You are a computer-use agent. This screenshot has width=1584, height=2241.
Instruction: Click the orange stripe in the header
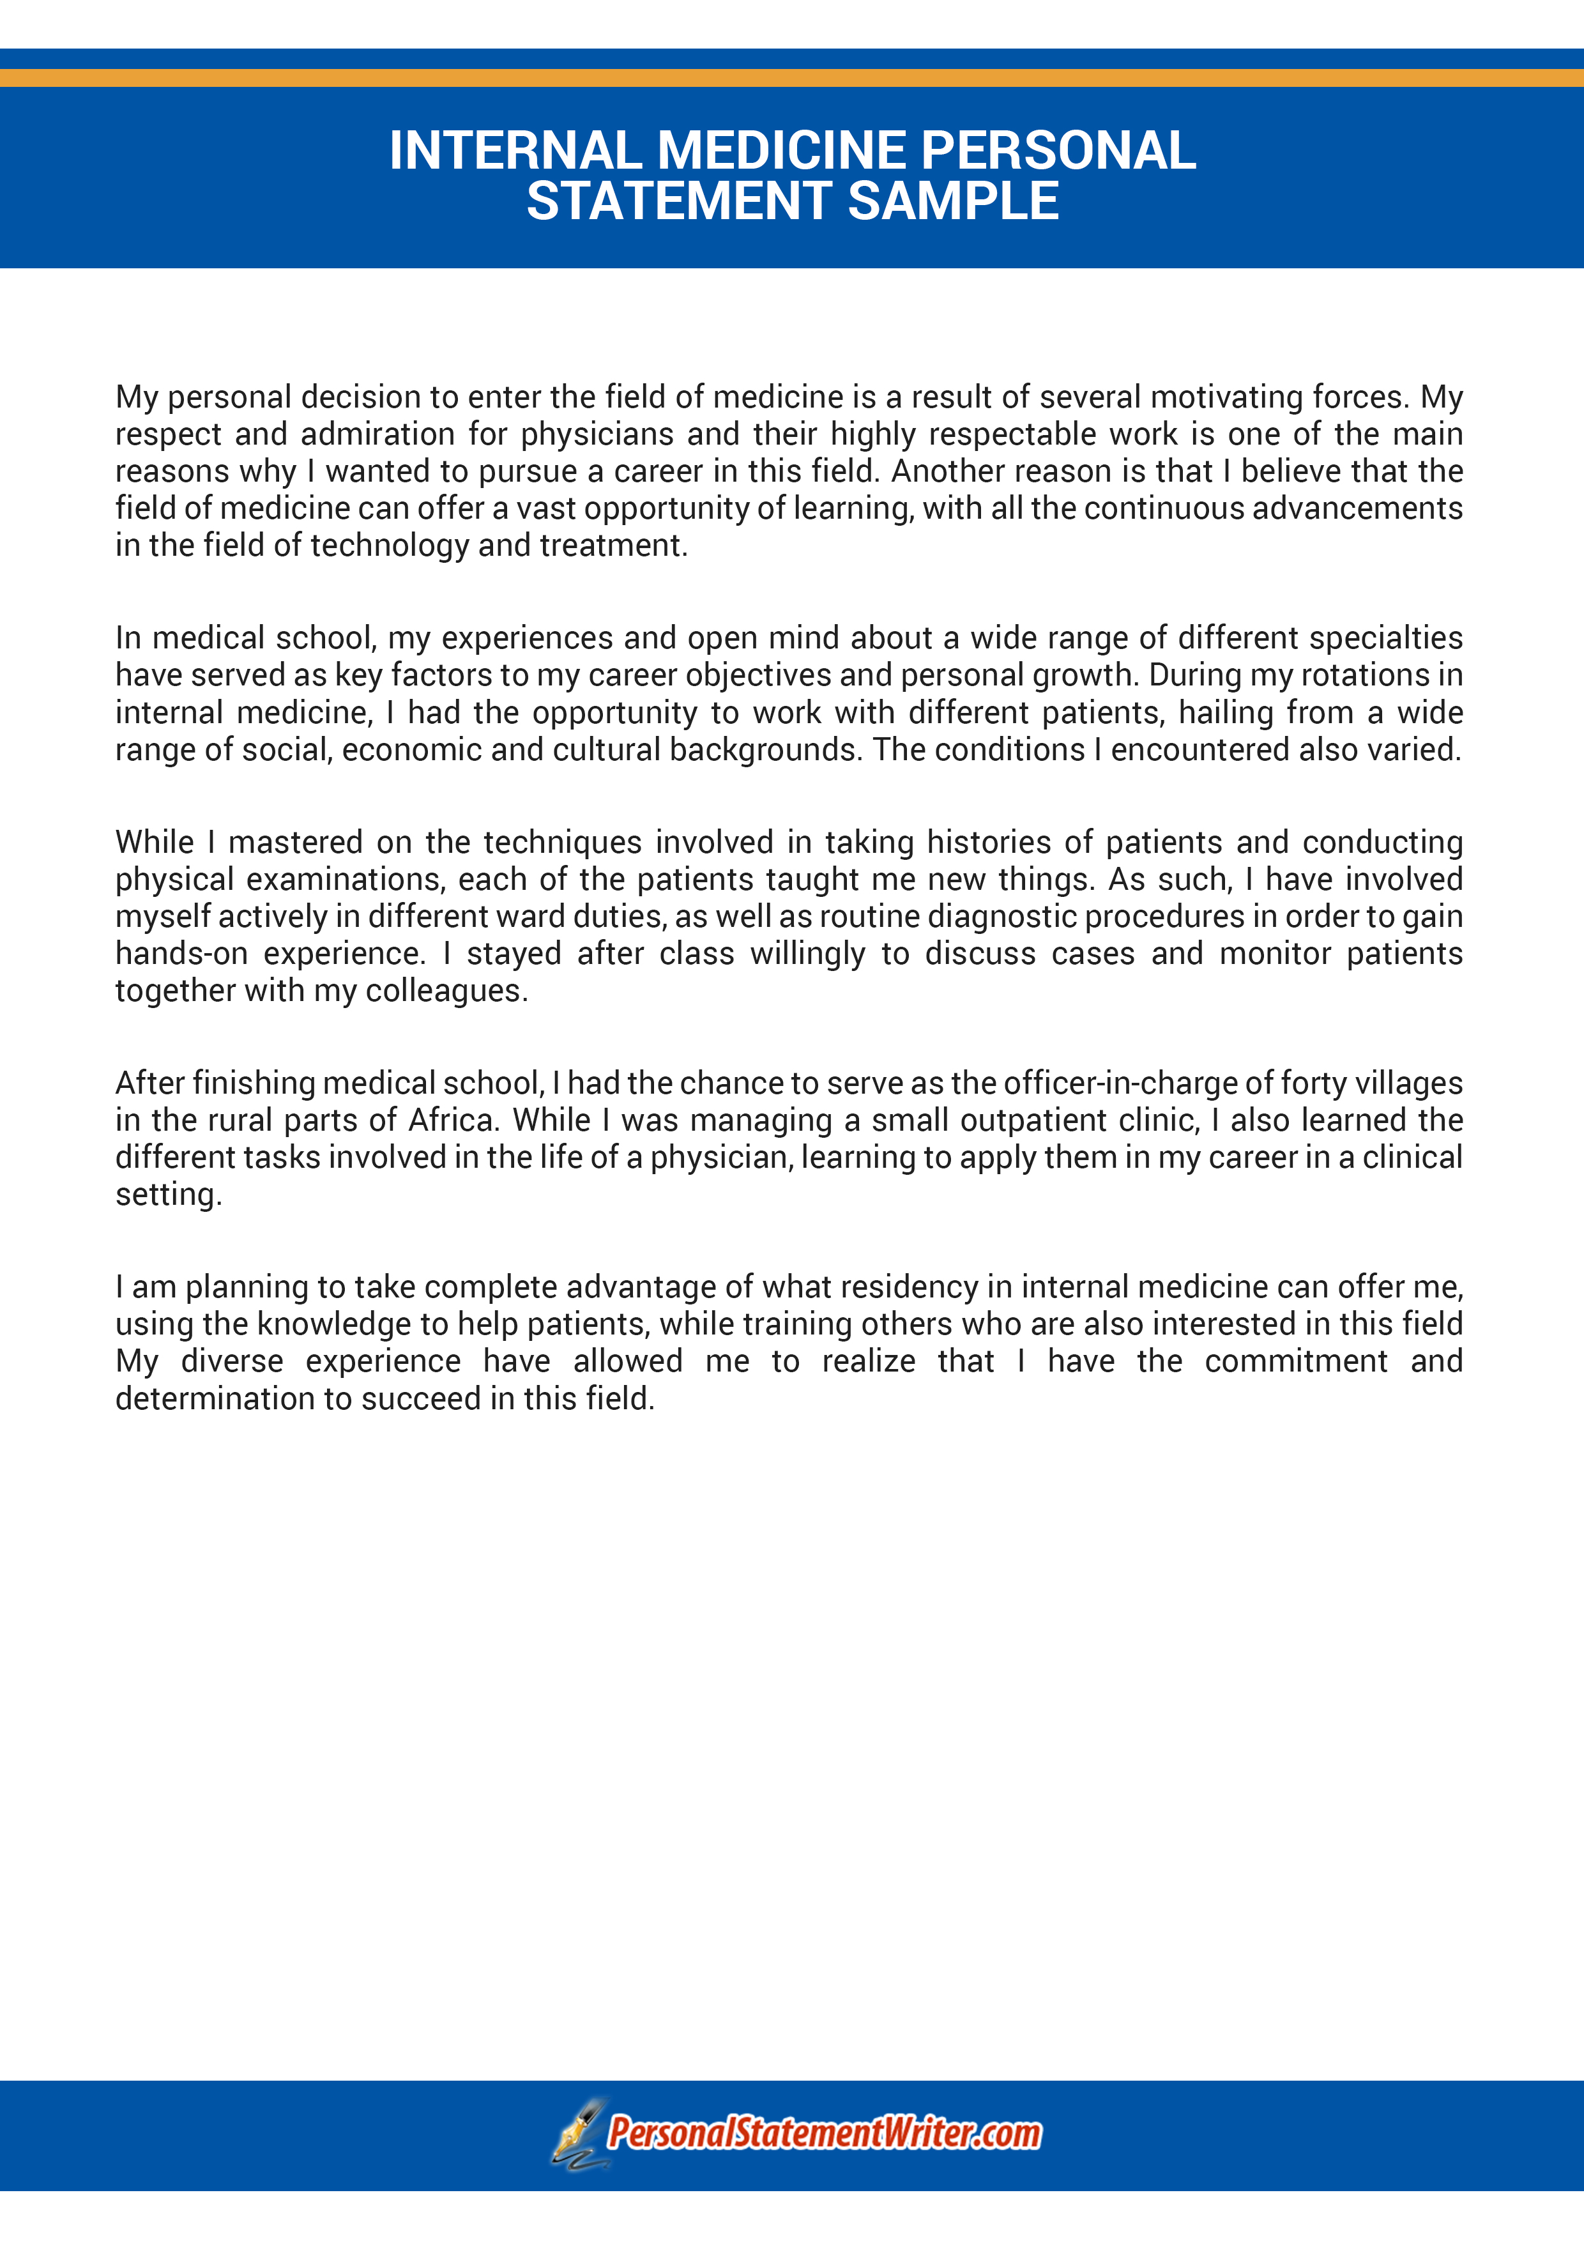click(x=791, y=77)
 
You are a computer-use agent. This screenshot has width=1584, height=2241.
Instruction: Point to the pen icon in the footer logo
click(x=580, y=2134)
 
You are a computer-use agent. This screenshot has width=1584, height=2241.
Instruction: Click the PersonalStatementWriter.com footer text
click(x=824, y=2134)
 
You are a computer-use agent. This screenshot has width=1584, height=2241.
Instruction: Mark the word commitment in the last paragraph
click(x=1295, y=1361)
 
